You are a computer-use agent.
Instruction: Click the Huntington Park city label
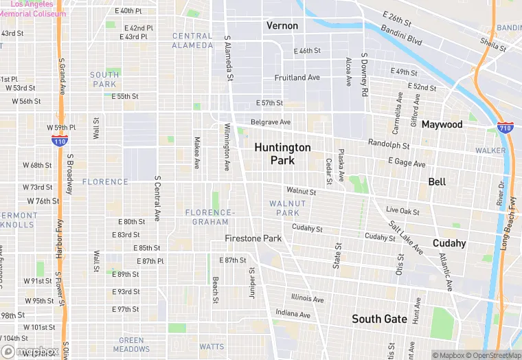click(282, 154)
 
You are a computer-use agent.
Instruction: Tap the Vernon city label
click(282, 25)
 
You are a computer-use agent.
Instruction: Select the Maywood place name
click(442, 124)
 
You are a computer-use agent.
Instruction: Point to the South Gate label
click(379, 319)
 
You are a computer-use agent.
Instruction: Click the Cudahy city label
click(449, 243)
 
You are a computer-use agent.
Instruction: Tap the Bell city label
click(437, 182)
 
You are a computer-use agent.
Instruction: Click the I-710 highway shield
click(503, 128)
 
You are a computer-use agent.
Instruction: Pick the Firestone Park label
click(253, 238)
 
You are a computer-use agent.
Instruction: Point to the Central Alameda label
click(192, 41)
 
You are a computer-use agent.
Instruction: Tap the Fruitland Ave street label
click(297, 78)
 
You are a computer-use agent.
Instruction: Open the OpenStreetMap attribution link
click(491, 355)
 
